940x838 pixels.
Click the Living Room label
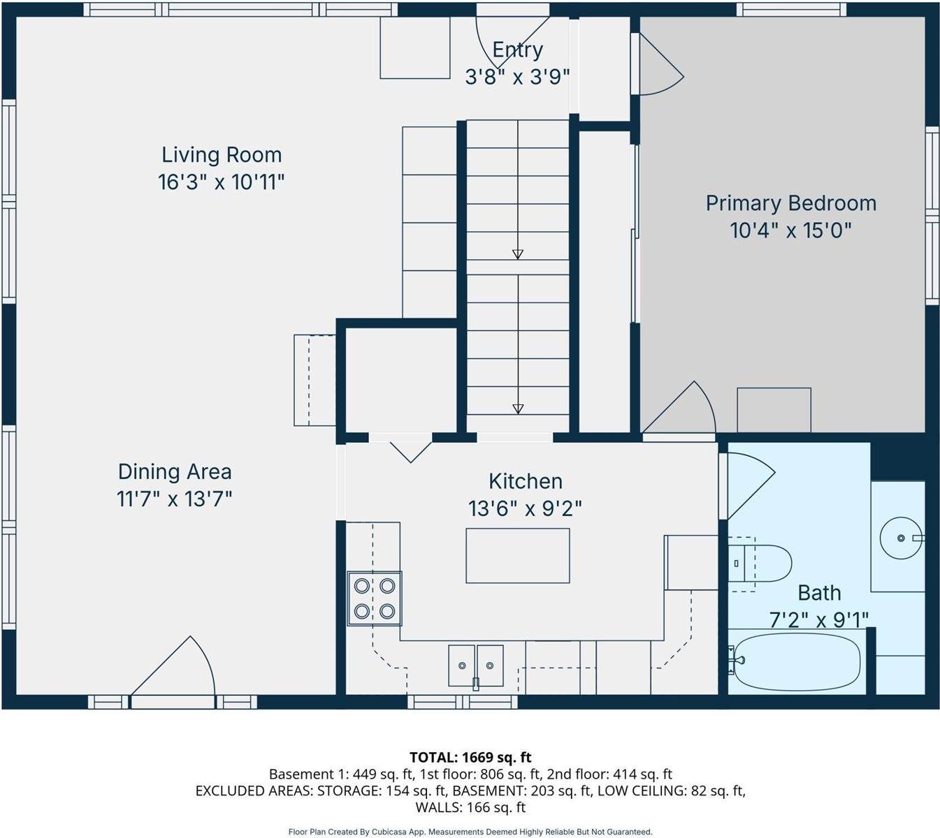pos(222,155)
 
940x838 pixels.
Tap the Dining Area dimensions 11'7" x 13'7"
pos(175,499)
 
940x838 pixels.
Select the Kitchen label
pos(526,481)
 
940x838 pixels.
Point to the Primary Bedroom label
pos(791,204)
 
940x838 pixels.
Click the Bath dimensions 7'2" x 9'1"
pos(819,619)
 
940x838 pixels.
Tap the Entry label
pos(517,50)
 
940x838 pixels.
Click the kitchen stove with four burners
pos(375,598)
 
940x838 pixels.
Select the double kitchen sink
pos(475,666)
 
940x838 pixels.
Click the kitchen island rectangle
pos(518,556)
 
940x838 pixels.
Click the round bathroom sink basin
pos(901,538)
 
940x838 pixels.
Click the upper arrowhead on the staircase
pos(518,254)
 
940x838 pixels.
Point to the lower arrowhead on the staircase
pos(518,409)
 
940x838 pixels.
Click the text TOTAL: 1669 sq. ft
pos(470,757)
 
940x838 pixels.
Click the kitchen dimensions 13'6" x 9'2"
pos(525,509)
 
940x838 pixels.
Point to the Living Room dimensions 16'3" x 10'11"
pos(222,182)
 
